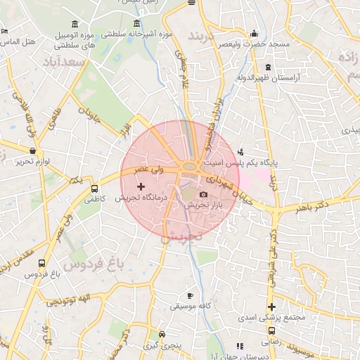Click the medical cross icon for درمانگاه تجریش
point(141,187)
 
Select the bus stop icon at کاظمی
point(94,188)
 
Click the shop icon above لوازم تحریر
point(32,150)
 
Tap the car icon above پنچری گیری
point(162,335)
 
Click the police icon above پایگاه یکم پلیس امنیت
point(241,151)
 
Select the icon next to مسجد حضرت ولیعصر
point(254,32)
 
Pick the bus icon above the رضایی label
point(271,330)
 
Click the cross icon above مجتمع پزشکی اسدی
point(271,306)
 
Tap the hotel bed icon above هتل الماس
point(5,32)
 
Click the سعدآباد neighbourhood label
point(67,63)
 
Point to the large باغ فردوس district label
point(91,264)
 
